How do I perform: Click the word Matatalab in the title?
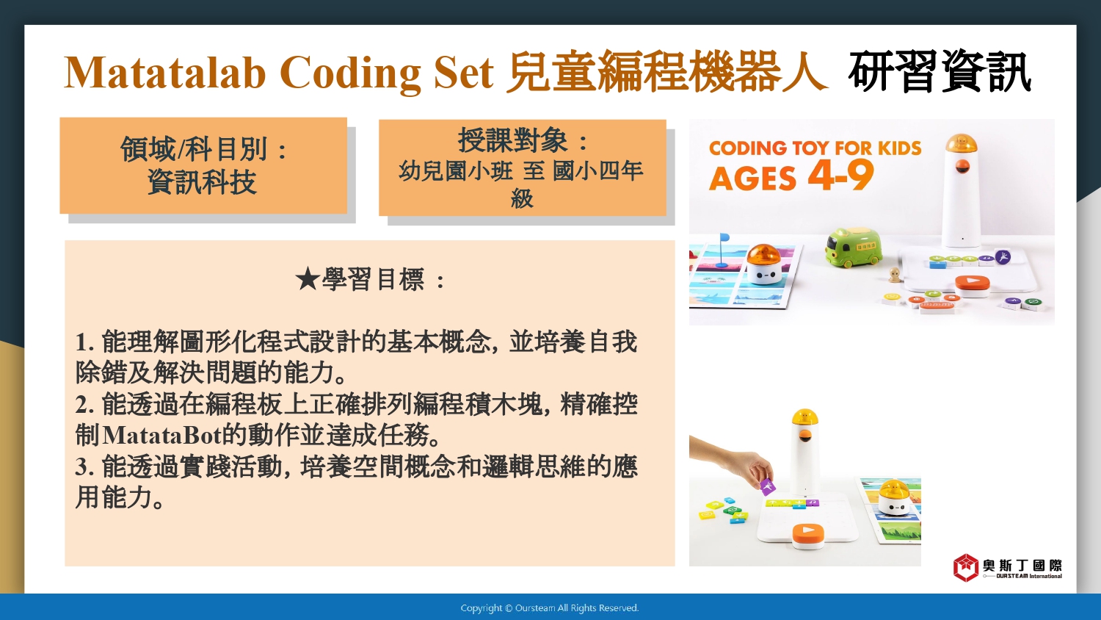click(x=164, y=73)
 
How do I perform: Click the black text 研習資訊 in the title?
click(x=940, y=72)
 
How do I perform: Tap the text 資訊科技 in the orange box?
click(x=202, y=182)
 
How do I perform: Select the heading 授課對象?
click(x=513, y=140)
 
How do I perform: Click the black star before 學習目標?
click(x=308, y=279)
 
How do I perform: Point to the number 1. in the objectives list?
click(x=84, y=342)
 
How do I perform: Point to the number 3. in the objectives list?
click(x=84, y=466)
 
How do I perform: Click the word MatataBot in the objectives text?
click(x=161, y=436)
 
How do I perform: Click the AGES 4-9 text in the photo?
click(x=791, y=176)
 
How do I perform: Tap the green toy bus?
click(x=854, y=248)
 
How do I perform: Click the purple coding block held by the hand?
click(x=768, y=486)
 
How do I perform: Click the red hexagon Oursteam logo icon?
click(x=966, y=567)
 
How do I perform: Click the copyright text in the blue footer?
click(x=550, y=608)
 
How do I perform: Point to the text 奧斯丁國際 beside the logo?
click(x=1022, y=565)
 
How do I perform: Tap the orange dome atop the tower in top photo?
click(x=962, y=143)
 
